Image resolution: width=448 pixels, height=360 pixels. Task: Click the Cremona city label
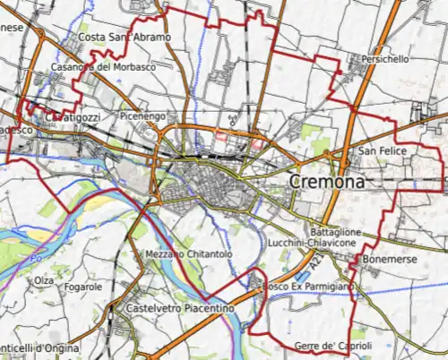tap(327, 182)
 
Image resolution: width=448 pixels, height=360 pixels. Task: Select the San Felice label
tap(382, 151)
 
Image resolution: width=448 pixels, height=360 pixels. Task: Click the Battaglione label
tap(336, 232)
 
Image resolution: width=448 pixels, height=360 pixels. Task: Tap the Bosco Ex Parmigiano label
tap(306, 286)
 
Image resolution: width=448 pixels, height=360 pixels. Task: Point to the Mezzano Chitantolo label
tap(189, 255)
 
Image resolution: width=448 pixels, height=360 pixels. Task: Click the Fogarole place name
tap(83, 287)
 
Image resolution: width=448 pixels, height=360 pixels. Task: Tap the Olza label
tap(43, 280)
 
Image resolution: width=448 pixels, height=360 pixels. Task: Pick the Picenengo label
tap(142, 116)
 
